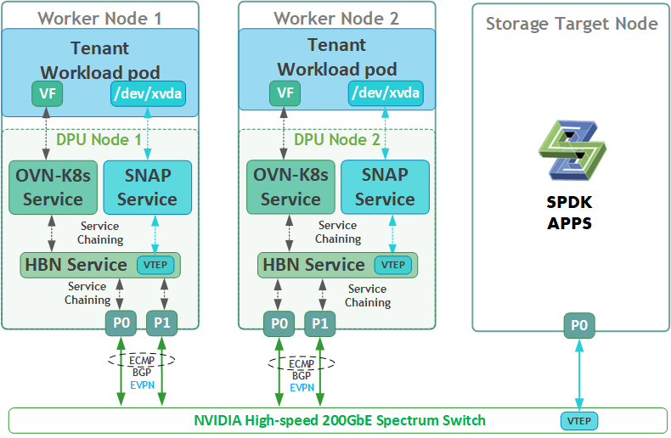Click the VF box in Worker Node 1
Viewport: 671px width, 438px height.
pyautogui.click(x=48, y=93)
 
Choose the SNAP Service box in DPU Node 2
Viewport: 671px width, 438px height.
pyautogui.click(x=385, y=187)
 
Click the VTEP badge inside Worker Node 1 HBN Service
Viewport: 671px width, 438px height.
pyautogui.click(x=155, y=265)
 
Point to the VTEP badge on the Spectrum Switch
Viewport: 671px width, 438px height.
pyautogui.click(x=579, y=420)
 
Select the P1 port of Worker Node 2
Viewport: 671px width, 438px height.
pyautogui.click(x=319, y=323)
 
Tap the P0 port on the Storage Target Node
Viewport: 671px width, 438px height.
pyautogui.click(x=579, y=323)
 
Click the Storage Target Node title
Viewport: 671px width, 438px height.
pyautogui.click(x=572, y=23)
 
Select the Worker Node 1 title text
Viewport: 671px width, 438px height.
pyautogui.click(x=100, y=18)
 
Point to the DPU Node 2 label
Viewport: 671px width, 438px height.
pyautogui.click(x=336, y=138)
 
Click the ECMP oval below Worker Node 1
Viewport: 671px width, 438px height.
pyautogui.click(x=141, y=361)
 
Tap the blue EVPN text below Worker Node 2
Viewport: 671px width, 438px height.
pyautogui.click(x=302, y=386)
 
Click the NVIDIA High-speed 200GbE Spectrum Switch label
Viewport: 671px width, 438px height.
pyautogui.click(x=340, y=420)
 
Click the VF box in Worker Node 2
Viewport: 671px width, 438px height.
pyautogui.click(x=285, y=93)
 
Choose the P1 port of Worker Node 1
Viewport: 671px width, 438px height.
pyautogui.click(x=161, y=323)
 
